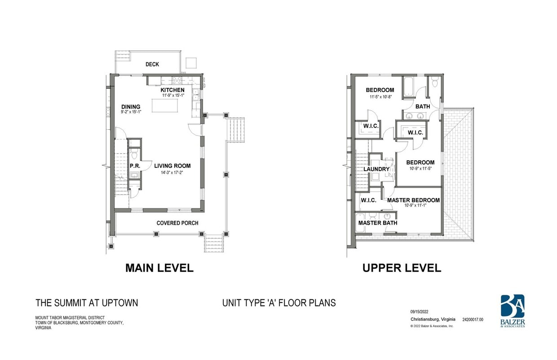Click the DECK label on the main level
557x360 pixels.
point(152,65)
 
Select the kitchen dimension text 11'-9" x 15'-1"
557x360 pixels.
point(172,95)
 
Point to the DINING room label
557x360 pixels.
point(131,107)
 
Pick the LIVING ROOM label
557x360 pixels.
point(172,166)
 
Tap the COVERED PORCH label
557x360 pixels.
point(177,223)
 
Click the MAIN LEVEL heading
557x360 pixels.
point(159,268)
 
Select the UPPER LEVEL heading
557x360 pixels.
point(402,268)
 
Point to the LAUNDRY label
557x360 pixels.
point(376,169)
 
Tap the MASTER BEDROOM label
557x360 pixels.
point(413,200)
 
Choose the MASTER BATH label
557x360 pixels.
point(377,223)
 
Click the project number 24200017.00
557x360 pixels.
point(473,320)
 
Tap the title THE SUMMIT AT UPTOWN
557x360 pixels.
point(87,303)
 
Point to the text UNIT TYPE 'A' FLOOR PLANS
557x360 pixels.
point(279,303)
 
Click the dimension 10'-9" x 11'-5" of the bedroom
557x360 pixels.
point(420,169)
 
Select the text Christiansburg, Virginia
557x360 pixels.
point(433,320)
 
